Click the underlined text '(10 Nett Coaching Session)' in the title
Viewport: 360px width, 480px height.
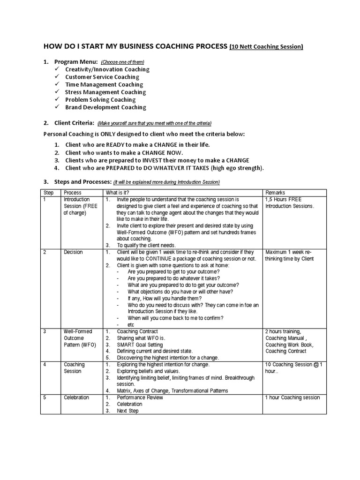(x=266, y=46)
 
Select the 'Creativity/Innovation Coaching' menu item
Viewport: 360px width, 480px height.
(x=107, y=69)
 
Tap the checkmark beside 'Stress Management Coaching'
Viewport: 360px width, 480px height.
(x=57, y=92)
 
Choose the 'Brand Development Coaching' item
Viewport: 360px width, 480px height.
(x=105, y=107)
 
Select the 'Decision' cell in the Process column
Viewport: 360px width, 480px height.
(x=73, y=252)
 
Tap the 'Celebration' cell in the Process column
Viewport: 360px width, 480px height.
(x=76, y=397)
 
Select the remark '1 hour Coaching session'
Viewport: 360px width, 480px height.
(x=292, y=397)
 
